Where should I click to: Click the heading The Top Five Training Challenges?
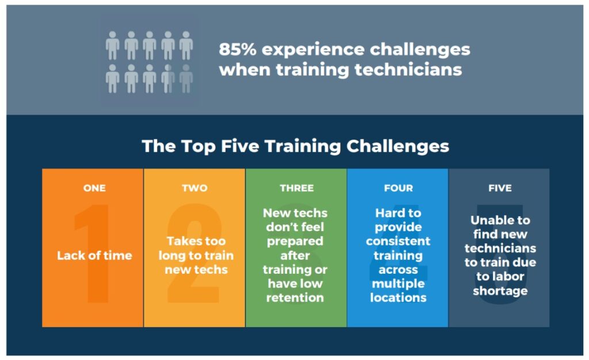pos(295,145)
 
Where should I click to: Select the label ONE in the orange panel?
pos(94,188)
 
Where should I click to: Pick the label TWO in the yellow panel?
pos(194,188)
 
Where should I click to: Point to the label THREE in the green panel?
pos(296,188)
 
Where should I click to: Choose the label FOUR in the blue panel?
pos(398,188)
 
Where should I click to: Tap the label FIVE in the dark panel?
pos(499,188)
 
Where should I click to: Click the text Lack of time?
pos(94,255)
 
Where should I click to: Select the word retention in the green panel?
pos(295,298)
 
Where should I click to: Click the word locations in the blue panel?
pos(398,298)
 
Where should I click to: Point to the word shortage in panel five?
pos(500,291)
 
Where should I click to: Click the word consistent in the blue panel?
pos(398,241)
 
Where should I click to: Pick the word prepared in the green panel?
pos(295,241)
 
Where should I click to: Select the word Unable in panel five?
pos(500,220)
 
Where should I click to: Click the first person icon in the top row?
pos(112,45)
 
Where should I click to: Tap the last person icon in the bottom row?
pos(185,78)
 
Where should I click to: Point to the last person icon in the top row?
pos(185,45)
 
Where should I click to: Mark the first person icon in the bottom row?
pos(112,78)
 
